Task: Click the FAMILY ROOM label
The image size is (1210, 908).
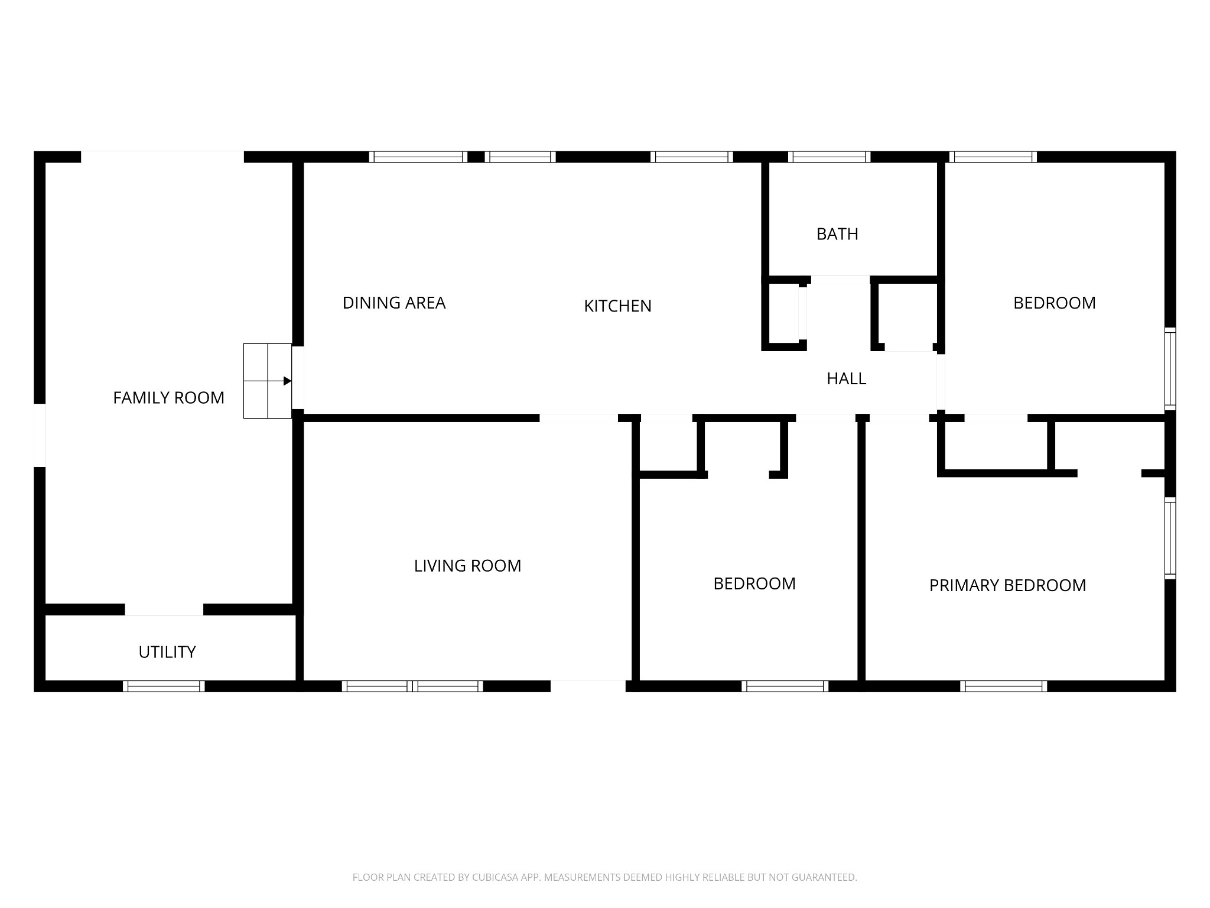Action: click(x=168, y=398)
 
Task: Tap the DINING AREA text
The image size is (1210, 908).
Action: click(x=393, y=303)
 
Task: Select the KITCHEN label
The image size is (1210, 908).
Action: click(x=617, y=306)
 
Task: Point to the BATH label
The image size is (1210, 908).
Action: click(x=837, y=234)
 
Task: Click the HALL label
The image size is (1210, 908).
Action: click(x=846, y=378)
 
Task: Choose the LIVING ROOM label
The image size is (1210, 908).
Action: click(x=467, y=566)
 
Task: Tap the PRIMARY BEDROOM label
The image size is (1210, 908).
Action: click(x=1007, y=585)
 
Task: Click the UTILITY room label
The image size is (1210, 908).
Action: click(x=167, y=652)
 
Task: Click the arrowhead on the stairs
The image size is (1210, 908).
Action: click(x=288, y=381)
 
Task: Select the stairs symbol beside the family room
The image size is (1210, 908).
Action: click(x=268, y=381)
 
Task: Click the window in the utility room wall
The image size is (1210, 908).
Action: click(x=164, y=686)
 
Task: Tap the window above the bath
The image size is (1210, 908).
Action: click(x=829, y=157)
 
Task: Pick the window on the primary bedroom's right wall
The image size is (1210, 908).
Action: click(x=1170, y=538)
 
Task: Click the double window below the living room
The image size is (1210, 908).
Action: click(x=412, y=686)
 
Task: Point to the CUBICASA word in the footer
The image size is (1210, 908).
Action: click(x=495, y=877)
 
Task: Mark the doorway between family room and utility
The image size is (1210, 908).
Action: click(x=164, y=609)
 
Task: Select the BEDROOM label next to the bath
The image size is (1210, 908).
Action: click(x=1054, y=303)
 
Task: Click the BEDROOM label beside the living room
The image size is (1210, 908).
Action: click(x=754, y=583)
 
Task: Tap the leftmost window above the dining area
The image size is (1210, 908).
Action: click(x=418, y=157)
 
